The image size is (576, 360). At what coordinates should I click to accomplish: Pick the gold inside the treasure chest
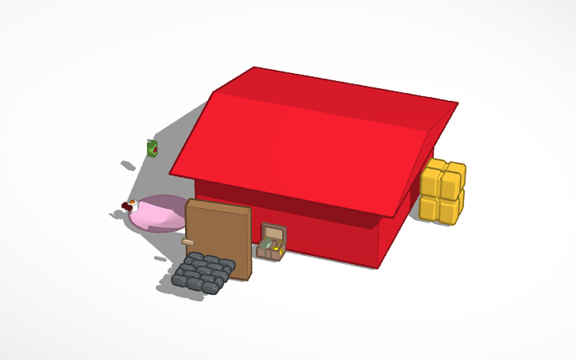coord(274,250)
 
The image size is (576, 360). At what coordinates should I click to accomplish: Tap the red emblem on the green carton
coord(155,148)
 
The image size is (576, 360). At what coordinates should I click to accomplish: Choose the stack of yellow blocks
coord(443,192)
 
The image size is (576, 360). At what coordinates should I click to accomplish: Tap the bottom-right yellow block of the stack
coord(452,209)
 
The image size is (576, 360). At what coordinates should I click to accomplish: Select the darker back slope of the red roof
coord(334,91)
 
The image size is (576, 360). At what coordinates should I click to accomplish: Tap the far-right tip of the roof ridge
coord(458,103)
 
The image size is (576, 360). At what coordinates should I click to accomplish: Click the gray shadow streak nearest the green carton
coord(127,165)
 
